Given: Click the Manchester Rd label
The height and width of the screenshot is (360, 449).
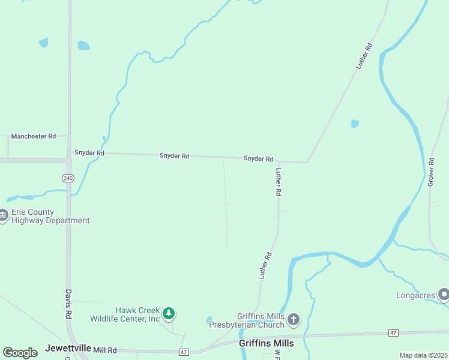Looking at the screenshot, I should tap(33, 136).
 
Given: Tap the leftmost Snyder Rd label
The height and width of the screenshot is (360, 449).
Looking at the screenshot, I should tap(89, 153).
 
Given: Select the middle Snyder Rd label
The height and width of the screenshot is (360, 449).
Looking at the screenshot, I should tap(174, 155).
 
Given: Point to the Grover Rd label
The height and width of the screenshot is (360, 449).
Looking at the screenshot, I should tap(430, 172).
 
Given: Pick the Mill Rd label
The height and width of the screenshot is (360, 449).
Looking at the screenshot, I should tap(104, 349).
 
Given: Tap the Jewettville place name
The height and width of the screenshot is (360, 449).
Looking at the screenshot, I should tap(68, 348).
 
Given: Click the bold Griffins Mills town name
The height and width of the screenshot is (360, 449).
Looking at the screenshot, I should tap(266, 343).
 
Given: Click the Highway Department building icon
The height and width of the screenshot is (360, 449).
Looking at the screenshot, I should tap(3, 216).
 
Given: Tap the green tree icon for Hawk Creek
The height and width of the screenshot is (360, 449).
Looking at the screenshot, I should tap(169, 313).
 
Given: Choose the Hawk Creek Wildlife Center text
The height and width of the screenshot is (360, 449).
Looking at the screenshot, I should tap(125, 314).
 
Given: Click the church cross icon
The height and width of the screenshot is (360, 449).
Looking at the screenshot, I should tap(293, 319).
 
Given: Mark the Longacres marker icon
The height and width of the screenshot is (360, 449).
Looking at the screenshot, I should tap(444, 295).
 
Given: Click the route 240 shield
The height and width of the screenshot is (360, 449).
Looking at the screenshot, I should tap(68, 178).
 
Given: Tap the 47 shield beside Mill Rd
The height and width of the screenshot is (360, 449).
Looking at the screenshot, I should tap(184, 352).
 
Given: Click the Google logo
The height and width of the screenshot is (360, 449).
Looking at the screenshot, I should tap(20, 353).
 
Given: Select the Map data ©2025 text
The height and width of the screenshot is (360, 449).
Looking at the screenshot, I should tap(423, 355).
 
